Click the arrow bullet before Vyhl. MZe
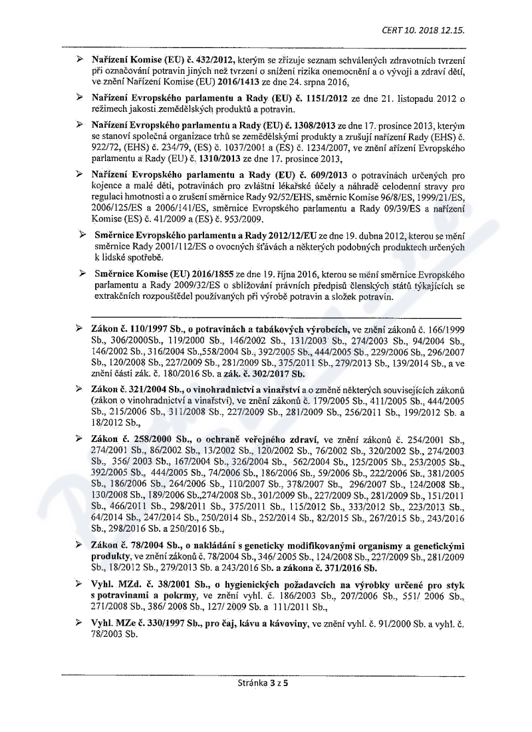coord(80,624)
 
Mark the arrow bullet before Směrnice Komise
coord(82,274)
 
